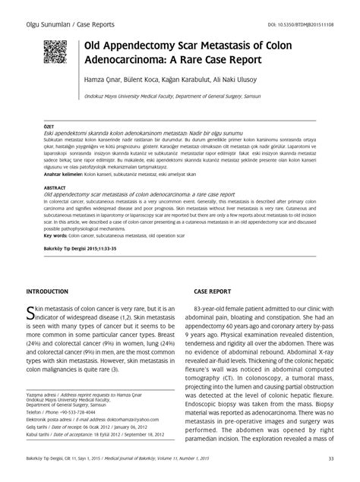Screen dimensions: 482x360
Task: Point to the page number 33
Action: click(x=330, y=458)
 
